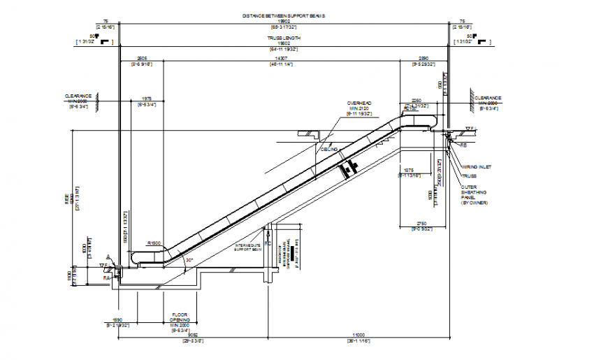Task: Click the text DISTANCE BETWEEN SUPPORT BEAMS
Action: [284, 15]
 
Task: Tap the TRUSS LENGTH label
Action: [284, 38]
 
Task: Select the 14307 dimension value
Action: [281, 58]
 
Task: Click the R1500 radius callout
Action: [154, 243]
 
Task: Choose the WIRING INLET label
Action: [477, 166]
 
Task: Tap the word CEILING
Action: [329, 149]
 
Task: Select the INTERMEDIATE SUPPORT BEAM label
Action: [247, 247]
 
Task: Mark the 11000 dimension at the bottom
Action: [359, 335]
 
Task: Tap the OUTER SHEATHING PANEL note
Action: [473, 194]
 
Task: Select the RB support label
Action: [463, 145]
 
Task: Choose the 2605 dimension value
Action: [141, 58]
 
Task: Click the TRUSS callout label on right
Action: [468, 175]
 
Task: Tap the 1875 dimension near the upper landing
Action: [410, 170]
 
